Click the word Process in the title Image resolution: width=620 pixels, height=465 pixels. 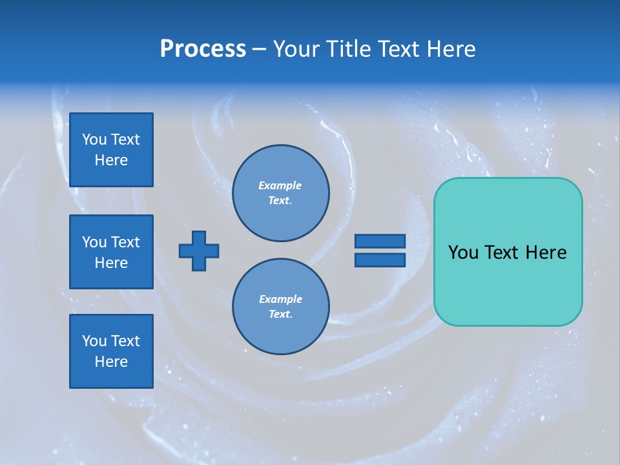click(203, 49)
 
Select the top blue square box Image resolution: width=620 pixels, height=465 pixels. click(111, 150)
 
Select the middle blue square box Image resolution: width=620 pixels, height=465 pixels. click(111, 252)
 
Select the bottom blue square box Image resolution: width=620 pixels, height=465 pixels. click(111, 351)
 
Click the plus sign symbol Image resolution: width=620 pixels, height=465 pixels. click(199, 251)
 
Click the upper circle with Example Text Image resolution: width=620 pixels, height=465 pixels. click(280, 193)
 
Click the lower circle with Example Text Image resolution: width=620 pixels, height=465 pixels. click(280, 307)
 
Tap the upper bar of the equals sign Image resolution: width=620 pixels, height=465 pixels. click(380, 241)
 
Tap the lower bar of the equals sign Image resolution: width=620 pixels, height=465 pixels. click(380, 260)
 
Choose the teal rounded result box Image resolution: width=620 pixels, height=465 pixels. click(508, 284)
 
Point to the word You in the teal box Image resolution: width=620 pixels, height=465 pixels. click(463, 253)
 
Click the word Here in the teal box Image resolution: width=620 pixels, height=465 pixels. click(546, 253)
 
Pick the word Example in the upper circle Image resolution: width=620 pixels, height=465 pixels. click(280, 185)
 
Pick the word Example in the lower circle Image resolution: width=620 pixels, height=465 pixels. click(280, 299)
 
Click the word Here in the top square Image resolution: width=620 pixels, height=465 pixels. click(111, 160)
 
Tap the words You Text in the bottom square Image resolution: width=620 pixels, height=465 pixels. click(111, 341)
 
